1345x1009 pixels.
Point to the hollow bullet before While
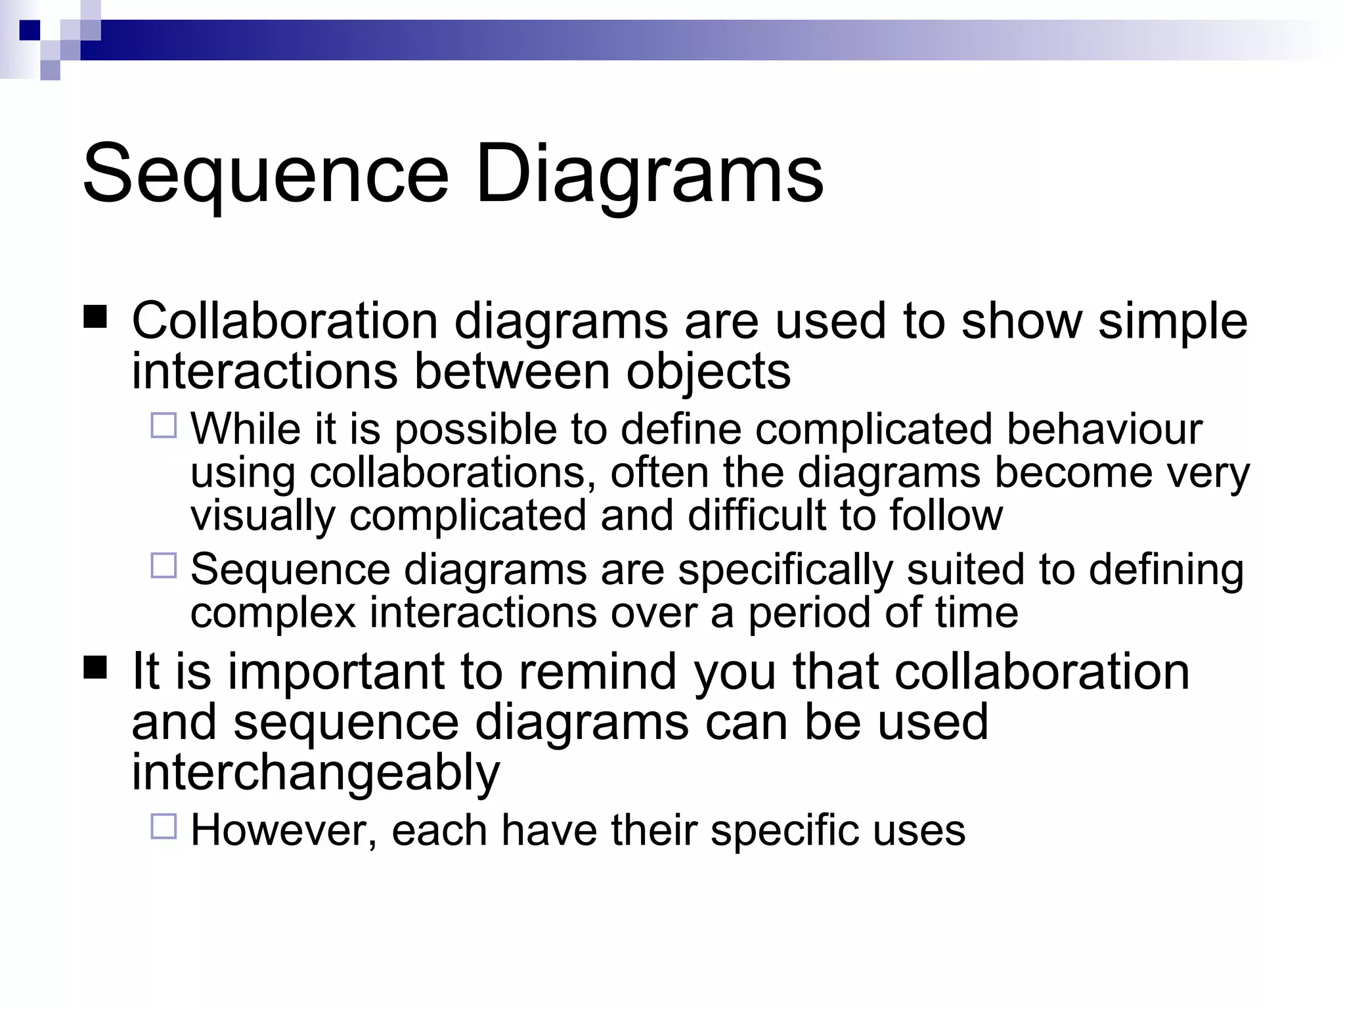(164, 426)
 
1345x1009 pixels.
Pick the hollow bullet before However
(164, 826)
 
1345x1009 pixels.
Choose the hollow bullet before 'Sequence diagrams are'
(164, 566)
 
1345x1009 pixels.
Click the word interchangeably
(316, 773)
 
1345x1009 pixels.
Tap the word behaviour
(1104, 430)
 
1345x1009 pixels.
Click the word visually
(263, 516)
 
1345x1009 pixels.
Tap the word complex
(273, 614)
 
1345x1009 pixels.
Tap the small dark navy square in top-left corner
(30, 30)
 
